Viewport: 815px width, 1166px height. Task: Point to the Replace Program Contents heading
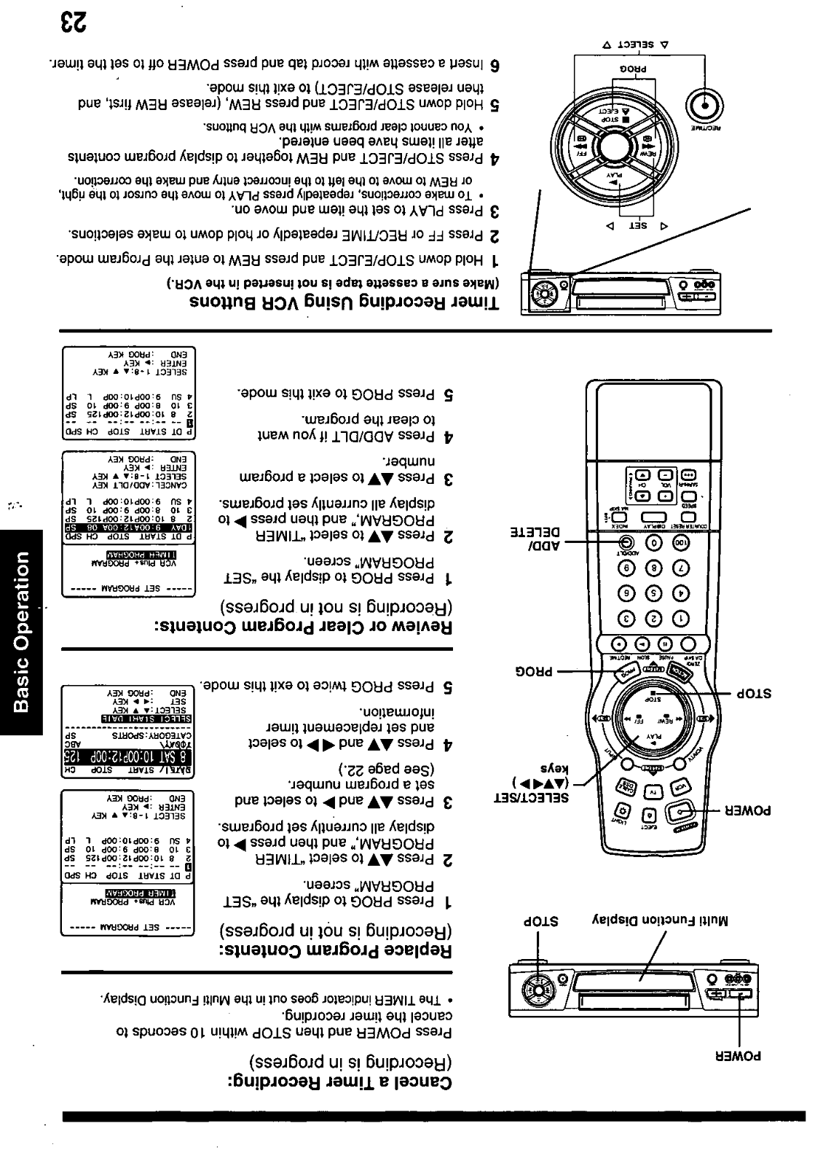click(336, 950)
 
